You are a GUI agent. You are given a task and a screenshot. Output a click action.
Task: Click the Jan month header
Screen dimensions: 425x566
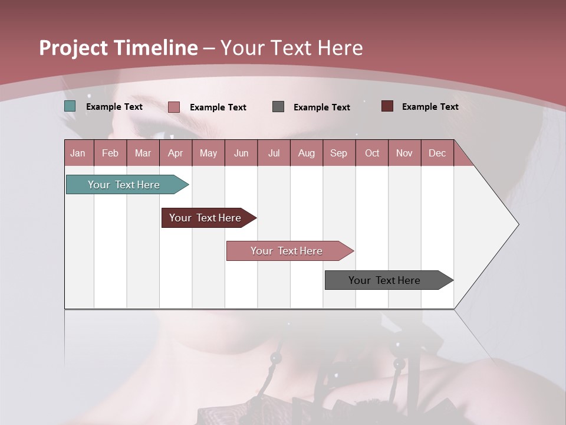tap(78, 153)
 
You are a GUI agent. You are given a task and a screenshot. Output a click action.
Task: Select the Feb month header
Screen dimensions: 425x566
tap(110, 153)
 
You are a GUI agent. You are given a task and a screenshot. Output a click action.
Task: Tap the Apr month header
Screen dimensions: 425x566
tap(175, 153)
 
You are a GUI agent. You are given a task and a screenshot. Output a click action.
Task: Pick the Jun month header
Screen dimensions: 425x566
tap(241, 153)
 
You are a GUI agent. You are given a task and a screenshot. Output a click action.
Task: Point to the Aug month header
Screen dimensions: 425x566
tap(306, 153)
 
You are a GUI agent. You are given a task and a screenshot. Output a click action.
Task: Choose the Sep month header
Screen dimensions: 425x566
tap(338, 153)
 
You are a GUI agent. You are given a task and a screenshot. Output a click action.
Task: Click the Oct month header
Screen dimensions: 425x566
tap(372, 153)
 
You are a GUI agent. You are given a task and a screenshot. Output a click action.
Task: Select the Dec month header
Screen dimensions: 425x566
tap(437, 153)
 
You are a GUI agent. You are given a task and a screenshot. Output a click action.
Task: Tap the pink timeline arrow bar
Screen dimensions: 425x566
tap(288, 251)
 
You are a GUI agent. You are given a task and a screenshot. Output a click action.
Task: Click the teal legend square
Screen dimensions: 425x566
tap(70, 106)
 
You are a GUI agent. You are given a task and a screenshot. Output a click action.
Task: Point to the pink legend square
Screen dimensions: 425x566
tap(174, 107)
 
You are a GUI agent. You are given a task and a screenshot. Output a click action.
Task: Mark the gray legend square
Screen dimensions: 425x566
tap(278, 106)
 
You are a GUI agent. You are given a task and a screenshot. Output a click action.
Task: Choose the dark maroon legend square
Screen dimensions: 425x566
tap(387, 106)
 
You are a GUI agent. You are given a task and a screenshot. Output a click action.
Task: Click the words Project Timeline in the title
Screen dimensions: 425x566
tap(118, 48)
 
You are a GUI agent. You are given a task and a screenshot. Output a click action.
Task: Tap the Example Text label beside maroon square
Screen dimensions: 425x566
tap(430, 107)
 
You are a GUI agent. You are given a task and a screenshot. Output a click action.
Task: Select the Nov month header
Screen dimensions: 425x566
tap(404, 153)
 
